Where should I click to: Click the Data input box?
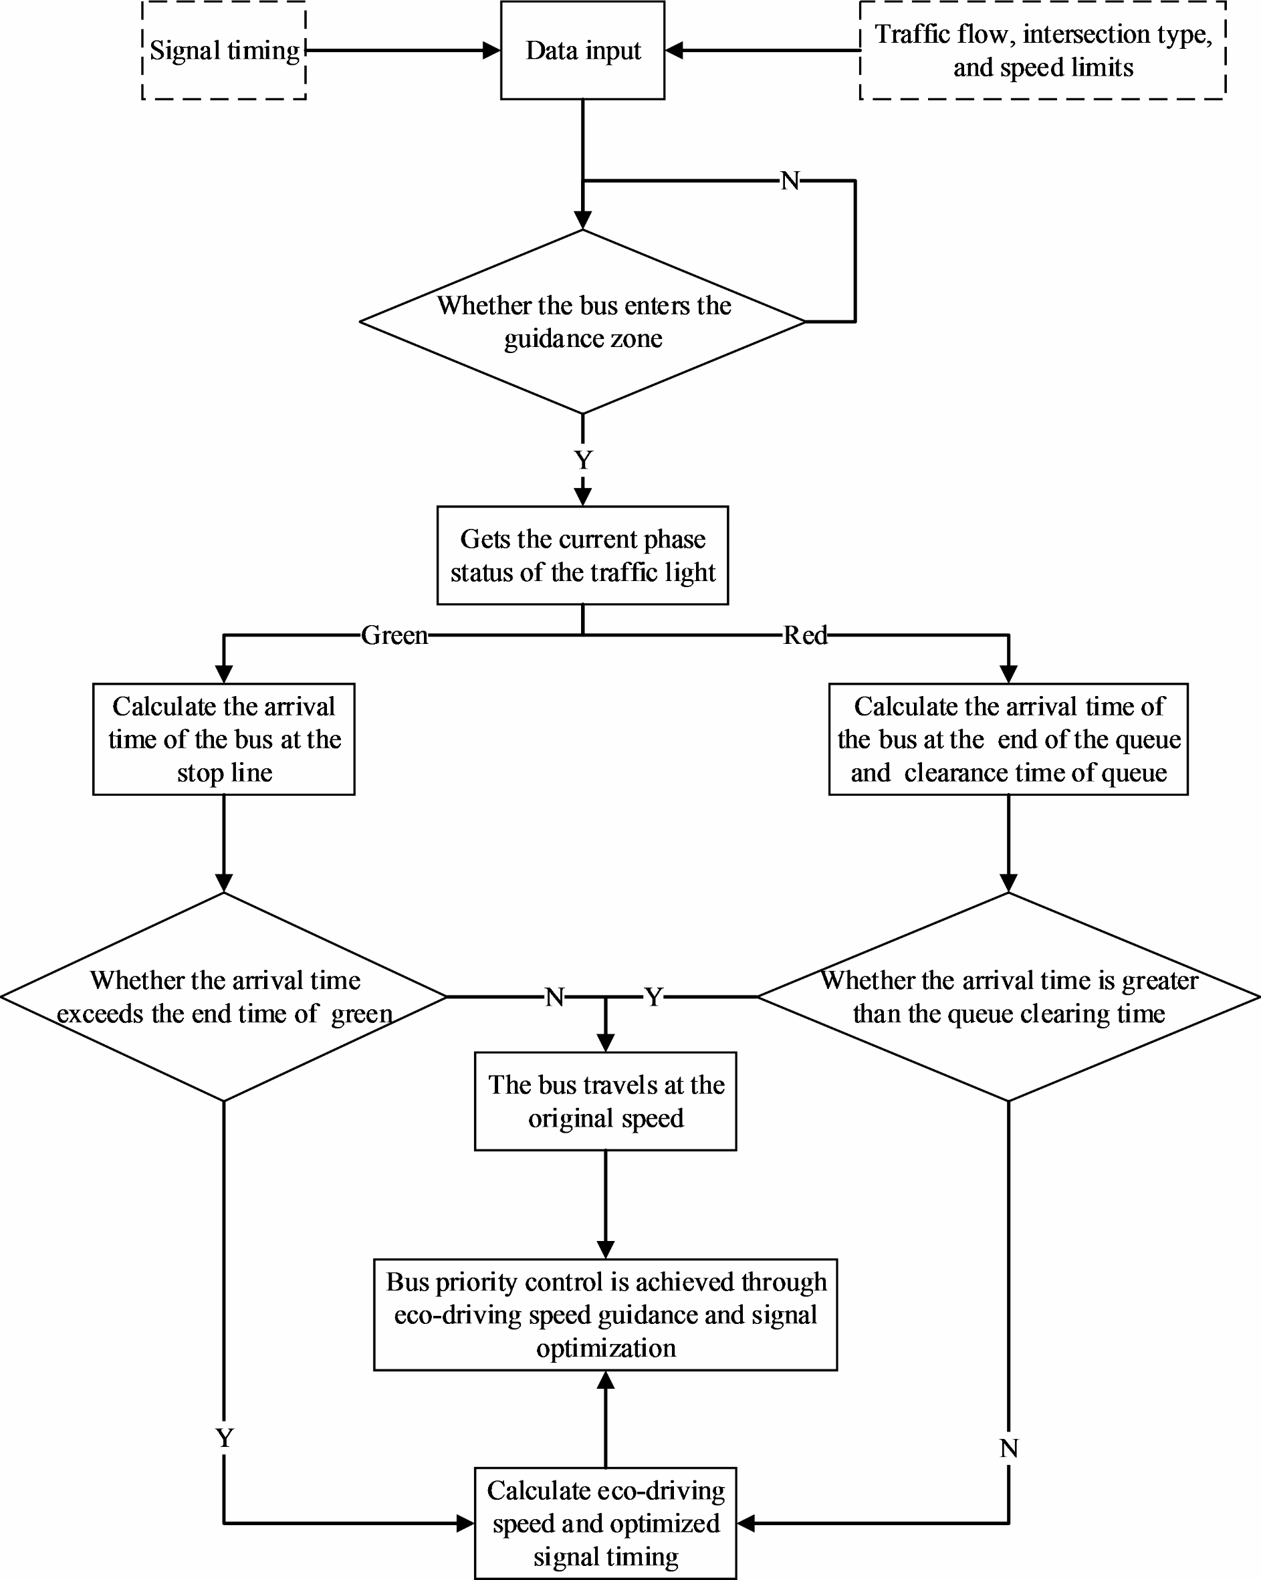click(582, 50)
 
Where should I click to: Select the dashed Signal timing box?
click(223, 50)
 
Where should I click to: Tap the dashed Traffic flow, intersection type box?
click(1042, 50)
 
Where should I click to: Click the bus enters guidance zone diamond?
click(582, 322)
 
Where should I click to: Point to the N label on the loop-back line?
click(789, 181)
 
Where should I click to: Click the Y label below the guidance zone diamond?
click(582, 460)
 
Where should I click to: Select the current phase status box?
click(582, 555)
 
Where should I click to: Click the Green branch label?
click(394, 635)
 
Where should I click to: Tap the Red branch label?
click(804, 635)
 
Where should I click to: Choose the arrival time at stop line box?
click(223, 739)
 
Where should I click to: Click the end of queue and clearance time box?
click(1008, 739)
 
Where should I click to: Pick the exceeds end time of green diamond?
click(223, 997)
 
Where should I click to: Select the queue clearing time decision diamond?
click(1008, 997)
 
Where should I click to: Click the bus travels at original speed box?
click(605, 1101)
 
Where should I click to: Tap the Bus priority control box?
click(605, 1314)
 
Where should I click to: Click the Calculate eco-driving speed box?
click(605, 1523)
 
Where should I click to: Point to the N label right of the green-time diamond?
click(555, 997)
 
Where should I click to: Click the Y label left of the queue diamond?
click(653, 997)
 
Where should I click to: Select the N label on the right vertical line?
click(1008, 1448)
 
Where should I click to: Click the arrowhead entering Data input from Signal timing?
click(491, 50)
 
